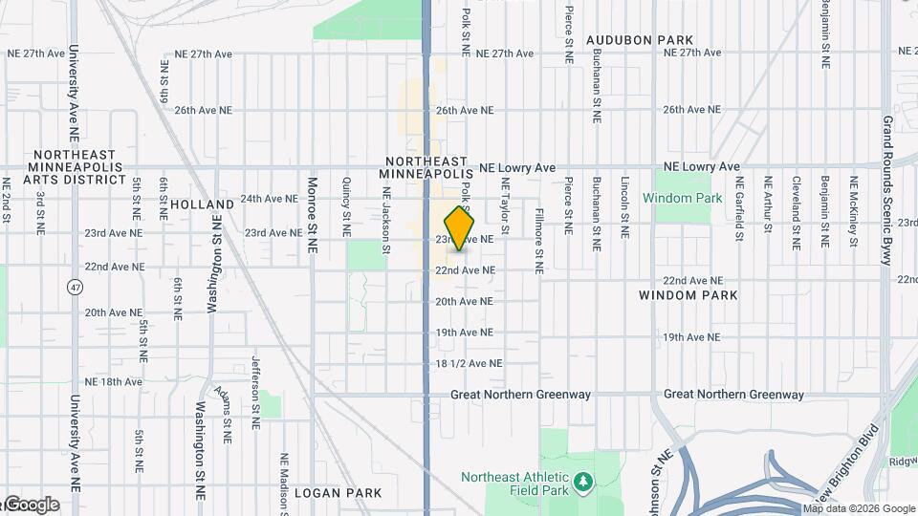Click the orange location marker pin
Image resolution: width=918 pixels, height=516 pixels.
460,229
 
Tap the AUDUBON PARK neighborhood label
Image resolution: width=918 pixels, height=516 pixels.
640,40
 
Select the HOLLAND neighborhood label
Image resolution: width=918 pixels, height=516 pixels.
202,204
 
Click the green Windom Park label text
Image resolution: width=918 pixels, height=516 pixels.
682,199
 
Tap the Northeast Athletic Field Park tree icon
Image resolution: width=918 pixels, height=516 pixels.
582,484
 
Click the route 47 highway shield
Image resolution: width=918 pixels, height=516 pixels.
75,287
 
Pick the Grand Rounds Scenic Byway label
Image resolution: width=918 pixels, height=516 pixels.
888,191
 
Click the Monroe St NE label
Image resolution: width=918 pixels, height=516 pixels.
312,214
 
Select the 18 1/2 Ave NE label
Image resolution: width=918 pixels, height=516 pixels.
469,364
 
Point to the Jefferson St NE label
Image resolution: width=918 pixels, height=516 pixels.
255,392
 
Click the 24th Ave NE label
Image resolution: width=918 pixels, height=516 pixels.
269,199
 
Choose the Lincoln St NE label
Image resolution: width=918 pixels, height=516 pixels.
624,206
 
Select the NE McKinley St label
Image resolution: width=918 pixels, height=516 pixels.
853,213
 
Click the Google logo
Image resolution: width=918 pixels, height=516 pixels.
32,505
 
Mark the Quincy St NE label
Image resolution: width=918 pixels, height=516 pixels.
346,206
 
